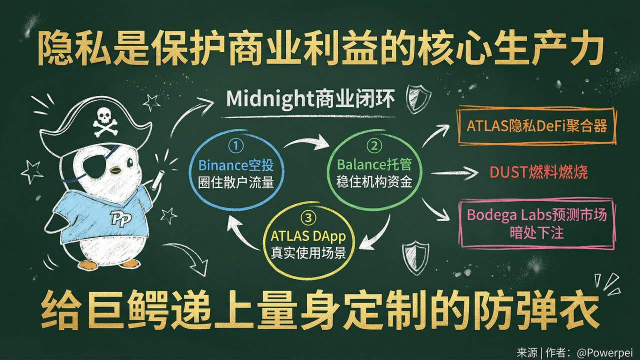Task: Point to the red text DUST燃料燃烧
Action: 538,172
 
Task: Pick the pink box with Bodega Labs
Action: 536,224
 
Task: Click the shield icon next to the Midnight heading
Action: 415,98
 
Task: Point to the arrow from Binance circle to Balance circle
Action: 306,144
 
